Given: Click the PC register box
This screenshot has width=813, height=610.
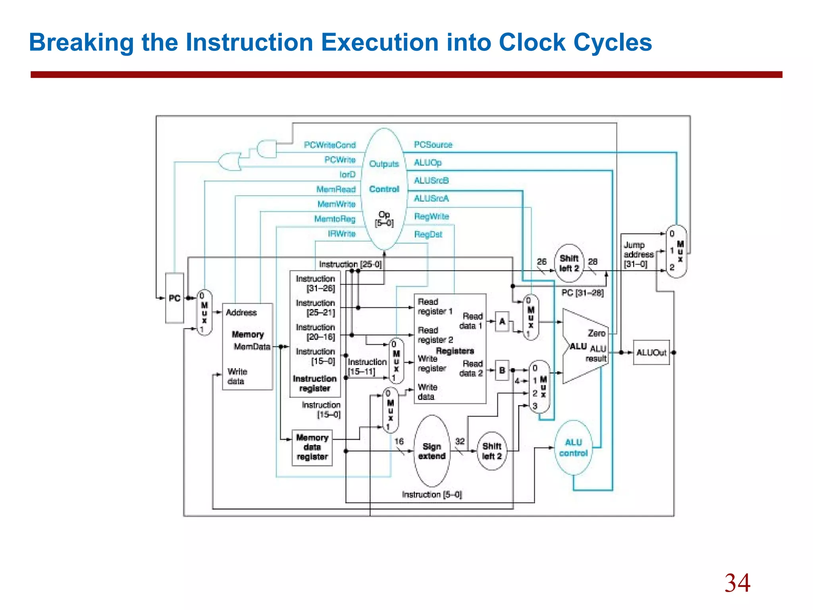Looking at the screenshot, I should (175, 298).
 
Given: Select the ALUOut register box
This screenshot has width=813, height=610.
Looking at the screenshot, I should (651, 353).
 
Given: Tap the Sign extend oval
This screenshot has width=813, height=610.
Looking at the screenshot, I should (432, 451).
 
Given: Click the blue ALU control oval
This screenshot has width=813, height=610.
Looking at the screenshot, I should (573, 448).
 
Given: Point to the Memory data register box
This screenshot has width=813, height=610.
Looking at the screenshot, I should (312, 447).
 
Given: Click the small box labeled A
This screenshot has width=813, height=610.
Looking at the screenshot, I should (502, 321).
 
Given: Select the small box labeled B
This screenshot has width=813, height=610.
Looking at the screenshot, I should (502, 370).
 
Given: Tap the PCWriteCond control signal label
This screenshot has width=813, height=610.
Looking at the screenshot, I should (329, 145).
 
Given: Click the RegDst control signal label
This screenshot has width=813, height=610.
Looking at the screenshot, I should (428, 234).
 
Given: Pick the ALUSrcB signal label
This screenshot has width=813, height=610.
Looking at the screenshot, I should (431, 181).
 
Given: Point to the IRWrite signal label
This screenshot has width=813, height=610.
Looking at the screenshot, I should (341, 234).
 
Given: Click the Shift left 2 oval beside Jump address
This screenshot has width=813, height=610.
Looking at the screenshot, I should (569, 263).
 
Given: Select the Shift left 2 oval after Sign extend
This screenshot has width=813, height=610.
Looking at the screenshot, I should (492, 451).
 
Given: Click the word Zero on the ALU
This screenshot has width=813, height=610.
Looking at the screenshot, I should (596, 333).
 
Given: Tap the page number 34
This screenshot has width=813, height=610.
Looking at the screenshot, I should (737, 583).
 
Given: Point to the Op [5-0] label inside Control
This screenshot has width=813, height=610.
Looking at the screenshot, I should (384, 219).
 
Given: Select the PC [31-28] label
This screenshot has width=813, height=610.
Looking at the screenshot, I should (582, 293).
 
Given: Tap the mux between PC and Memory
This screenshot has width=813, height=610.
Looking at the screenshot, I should (204, 313).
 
